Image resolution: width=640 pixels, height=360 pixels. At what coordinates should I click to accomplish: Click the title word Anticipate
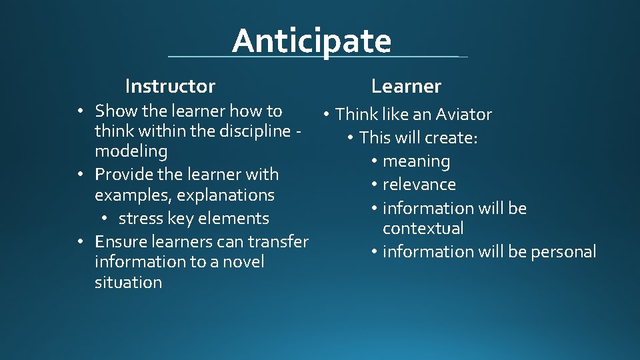[x=311, y=41]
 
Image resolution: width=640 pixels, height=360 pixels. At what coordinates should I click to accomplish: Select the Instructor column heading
[x=170, y=86]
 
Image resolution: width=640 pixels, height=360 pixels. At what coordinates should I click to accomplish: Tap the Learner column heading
[x=406, y=86]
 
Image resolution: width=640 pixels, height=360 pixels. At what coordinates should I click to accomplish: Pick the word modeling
[x=131, y=151]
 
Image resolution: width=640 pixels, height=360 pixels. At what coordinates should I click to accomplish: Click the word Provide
[x=122, y=175]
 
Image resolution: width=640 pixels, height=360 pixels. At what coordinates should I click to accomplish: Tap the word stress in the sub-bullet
[x=137, y=219]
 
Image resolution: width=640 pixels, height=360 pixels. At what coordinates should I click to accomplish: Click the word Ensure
[x=120, y=241]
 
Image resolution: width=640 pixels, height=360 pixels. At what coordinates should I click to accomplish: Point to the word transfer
[x=280, y=241]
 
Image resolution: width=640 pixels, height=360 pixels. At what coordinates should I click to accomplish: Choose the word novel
[x=243, y=262]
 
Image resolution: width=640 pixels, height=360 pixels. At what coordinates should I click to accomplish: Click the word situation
[x=128, y=283]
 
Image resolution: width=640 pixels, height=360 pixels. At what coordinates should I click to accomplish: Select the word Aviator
[x=463, y=115]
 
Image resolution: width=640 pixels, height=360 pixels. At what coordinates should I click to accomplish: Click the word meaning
[x=417, y=161]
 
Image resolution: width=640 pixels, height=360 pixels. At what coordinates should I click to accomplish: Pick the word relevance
[x=419, y=185]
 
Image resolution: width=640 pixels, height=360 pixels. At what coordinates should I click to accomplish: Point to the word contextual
[x=423, y=229]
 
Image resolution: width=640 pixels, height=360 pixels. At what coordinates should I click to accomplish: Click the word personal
[x=563, y=252]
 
